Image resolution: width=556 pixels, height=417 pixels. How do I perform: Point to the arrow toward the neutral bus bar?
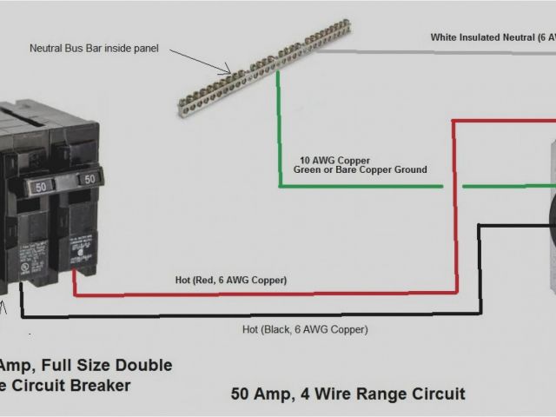pos(201,61)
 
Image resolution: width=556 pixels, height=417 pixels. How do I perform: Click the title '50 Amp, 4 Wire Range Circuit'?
pos(347,394)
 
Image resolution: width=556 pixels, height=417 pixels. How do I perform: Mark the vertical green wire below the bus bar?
pos(278,130)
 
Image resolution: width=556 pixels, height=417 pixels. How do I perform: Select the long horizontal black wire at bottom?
pos(261,314)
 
